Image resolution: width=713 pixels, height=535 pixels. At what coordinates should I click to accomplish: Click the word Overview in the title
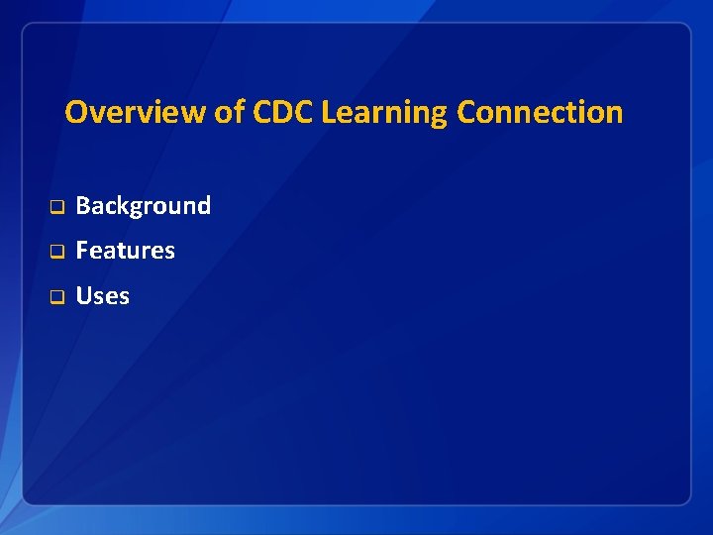tap(136, 112)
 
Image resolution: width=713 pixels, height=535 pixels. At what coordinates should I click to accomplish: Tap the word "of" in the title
tap(231, 112)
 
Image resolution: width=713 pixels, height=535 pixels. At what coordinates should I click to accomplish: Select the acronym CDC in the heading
tap(284, 112)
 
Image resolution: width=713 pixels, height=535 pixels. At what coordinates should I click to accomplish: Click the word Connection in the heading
tap(540, 112)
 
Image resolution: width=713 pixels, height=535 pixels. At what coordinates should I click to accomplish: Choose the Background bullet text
tap(144, 206)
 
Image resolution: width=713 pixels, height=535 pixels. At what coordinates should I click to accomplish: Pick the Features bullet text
tap(126, 251)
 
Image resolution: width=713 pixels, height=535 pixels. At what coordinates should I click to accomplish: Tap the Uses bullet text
tap(103, 296)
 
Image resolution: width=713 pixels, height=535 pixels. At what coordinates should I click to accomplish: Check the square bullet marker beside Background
tap(56, 207)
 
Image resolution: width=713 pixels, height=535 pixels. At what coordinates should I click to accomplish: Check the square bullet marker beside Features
tap(56, 252)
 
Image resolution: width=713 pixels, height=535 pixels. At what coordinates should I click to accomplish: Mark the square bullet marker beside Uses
tap(56, 297)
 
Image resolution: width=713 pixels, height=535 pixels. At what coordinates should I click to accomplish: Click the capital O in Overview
tap(75, 112)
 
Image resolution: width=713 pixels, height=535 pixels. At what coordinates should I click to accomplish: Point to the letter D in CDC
tap(284, 112)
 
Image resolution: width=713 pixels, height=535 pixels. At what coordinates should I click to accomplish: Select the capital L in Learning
tap(329, 112)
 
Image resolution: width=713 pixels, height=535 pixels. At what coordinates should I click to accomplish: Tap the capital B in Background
tap(83, 205)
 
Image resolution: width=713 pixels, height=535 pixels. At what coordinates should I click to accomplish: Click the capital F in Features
tap(82, 251)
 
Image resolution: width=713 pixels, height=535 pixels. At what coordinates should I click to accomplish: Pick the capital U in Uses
tap(84, 296)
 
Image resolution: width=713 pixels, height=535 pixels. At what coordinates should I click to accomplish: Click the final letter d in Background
tap(204, 205)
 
